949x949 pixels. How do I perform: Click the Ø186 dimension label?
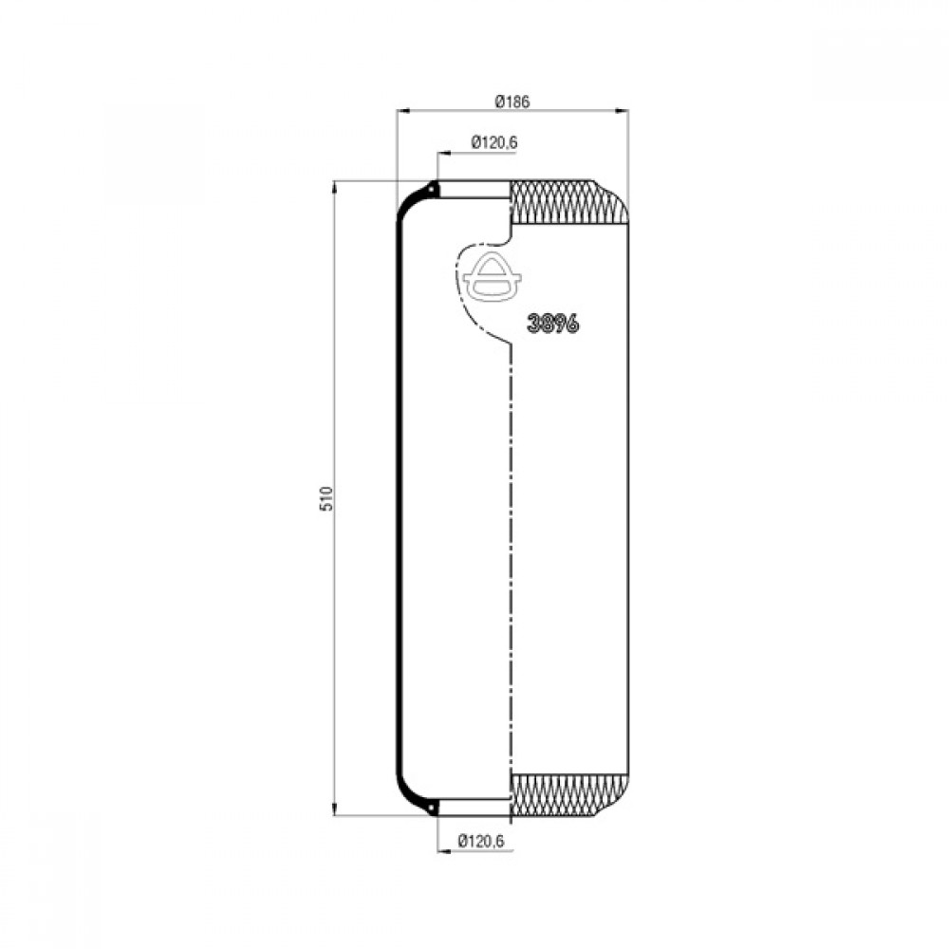512,102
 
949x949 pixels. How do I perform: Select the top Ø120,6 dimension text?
493,143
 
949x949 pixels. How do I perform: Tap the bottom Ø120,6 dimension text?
481,841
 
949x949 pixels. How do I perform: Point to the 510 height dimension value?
326,498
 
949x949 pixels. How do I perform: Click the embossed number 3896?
552,324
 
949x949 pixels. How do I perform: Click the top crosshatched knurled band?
568,201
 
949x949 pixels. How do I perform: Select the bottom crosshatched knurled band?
568,794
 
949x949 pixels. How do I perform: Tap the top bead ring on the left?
433,190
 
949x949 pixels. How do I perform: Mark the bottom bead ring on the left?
433,807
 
